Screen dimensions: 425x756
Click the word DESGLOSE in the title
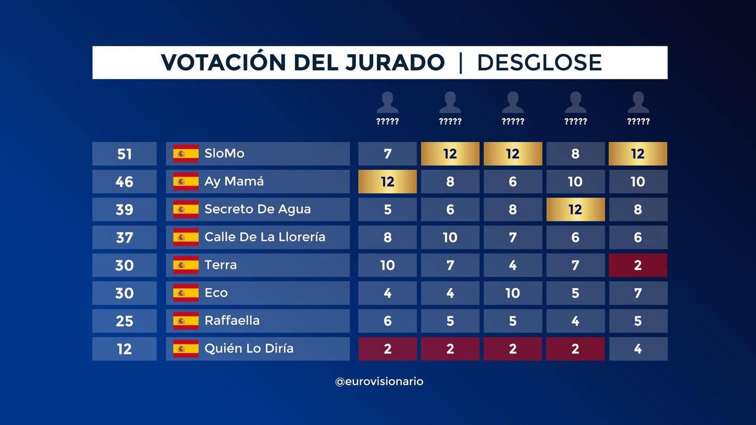pos(539,63)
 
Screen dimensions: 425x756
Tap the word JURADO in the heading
pos(395,63)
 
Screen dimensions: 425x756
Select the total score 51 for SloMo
pos(124,154)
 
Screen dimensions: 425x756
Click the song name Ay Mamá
pos(234,181)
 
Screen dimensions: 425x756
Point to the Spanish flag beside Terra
pos(186,265)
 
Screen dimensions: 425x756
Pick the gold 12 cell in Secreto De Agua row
pos(575,210)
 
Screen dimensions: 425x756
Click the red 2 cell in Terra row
pos(637,265)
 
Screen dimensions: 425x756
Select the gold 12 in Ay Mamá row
pos(387,182)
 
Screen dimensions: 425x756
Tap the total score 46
pos(124,182)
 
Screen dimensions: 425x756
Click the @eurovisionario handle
pos(379,382)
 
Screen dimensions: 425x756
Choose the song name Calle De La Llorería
pos(265,237)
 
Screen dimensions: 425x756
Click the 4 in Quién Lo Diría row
pos(637,349)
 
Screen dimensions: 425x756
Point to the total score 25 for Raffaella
pos(124,321)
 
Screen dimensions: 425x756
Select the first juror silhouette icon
pos(387,102)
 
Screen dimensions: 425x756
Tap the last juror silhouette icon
pos(638,102)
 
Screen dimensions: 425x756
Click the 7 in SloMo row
pos(387,154)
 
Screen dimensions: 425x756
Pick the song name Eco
pos(216,293)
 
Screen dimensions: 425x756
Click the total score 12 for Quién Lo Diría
pos(124,349)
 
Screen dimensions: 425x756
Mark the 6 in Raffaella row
pos(387,321)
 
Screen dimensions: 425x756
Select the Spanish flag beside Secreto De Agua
pos(186,210)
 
